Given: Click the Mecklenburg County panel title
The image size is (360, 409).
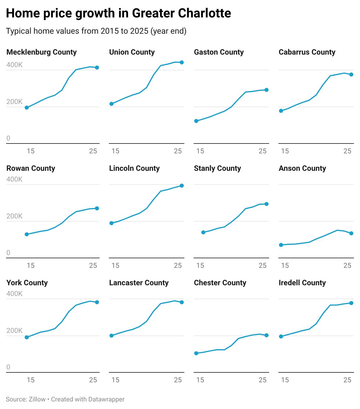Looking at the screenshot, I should click(x=42, y=52).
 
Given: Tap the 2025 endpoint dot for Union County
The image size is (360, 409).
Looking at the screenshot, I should click(x=182, y=62).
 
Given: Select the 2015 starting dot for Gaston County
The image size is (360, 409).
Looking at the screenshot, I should click(x=196, y=121).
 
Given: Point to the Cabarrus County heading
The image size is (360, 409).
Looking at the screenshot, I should click(x=307, y=52).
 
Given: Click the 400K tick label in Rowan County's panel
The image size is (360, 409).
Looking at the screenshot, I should click(x=15, y=179).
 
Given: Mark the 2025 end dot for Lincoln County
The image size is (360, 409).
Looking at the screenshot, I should click(x=182, y=186).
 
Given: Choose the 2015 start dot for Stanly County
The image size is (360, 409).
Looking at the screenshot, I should click(x=203, y=232).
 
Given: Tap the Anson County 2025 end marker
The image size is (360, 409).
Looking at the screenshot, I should click(x=351, y=233).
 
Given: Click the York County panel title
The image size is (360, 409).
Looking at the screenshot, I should click(x=27, y=283).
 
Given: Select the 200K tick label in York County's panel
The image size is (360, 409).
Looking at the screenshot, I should click(x=15, y=331).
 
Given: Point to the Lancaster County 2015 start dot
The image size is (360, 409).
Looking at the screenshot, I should click(x=111, y=336).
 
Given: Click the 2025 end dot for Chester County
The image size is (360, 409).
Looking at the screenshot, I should click(x=267, y=335).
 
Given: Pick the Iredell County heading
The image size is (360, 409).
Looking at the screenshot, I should click(x=302, y=283).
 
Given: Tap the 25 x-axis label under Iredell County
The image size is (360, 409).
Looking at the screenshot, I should click(x=347, y=380).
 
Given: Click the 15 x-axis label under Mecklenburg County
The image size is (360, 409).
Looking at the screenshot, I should click(x=30, y=151).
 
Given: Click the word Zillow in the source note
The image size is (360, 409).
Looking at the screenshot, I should click(x=37, y=399).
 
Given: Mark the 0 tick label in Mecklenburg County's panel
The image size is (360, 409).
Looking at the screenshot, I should click(x=8, y=138).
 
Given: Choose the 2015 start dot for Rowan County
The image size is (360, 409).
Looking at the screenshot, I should click(x=27, y=234).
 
